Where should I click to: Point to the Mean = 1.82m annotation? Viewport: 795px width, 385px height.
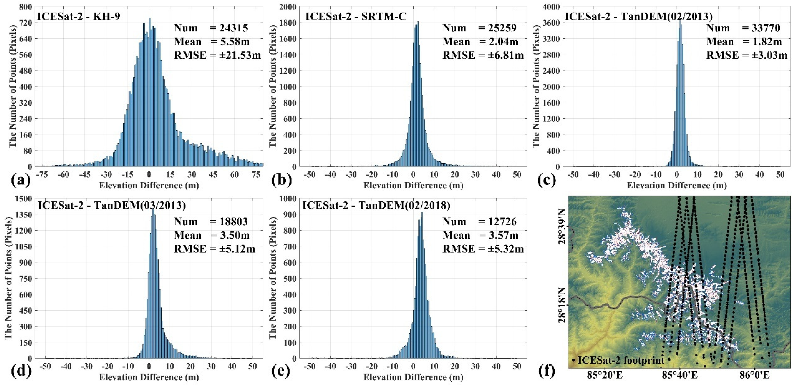744,42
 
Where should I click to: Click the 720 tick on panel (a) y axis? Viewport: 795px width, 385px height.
26,23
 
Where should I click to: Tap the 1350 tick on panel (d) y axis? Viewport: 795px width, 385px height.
24,214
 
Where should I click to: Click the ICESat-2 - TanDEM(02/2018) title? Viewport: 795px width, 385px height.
376,206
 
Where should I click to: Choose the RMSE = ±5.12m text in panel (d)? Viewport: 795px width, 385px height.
215,249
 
